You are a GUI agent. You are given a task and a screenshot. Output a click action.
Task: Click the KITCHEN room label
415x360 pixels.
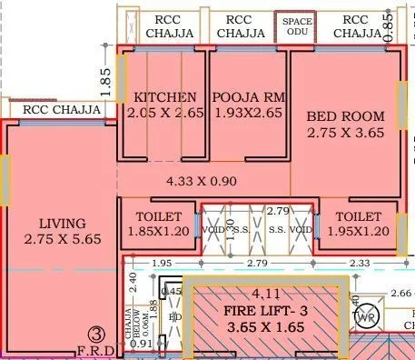(164, 97)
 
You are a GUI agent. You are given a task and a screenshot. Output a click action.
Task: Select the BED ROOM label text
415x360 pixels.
(345, 115)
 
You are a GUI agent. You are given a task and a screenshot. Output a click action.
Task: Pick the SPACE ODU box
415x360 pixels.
(297, 25)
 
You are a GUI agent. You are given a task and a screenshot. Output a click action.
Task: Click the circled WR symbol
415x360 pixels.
(367, 317)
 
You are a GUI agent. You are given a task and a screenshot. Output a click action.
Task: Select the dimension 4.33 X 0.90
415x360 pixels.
(202, 181)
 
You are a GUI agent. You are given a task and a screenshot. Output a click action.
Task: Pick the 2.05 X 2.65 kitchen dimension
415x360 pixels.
(164, 115)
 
